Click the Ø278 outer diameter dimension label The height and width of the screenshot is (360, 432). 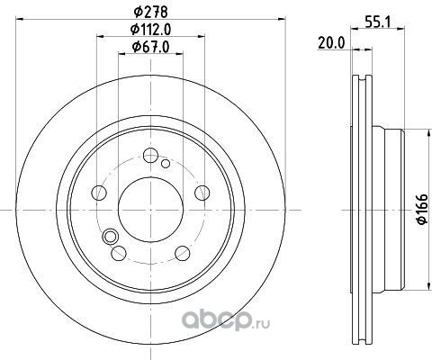pos(151,12)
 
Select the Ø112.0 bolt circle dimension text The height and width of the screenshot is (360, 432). pos(151,30)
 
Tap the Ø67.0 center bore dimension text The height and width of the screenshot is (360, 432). pos(151,47)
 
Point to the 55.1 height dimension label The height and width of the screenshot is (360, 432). pos(377,22)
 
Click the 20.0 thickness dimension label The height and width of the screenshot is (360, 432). pos(331,43)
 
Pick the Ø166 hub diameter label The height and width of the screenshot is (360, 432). pos(422,209)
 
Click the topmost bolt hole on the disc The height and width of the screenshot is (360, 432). pos(150,156)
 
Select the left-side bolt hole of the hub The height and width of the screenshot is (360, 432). pos(99,193)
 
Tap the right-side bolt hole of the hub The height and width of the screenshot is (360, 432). pos(202,193)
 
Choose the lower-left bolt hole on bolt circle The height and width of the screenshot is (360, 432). pos(119,253)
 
